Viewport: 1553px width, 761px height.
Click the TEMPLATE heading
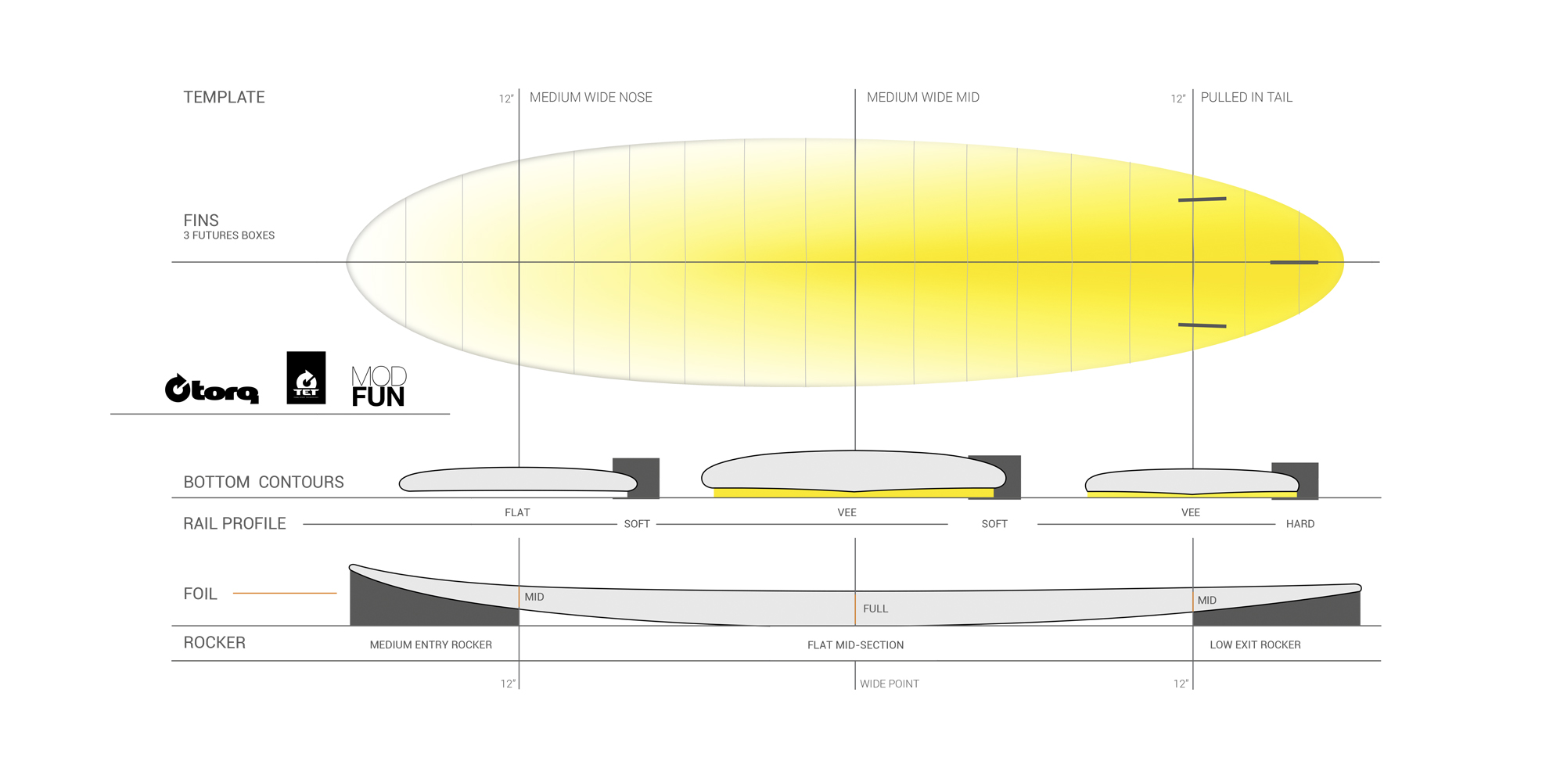tap(224, 98)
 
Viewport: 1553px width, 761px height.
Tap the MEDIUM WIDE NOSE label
tap(591, 98)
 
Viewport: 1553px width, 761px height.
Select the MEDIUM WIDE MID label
tap(922, 98)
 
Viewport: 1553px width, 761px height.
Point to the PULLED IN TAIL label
tap(1246, 98)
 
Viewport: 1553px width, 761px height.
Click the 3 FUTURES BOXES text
tap(228, 235)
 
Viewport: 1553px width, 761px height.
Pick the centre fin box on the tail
tap(1293, 263)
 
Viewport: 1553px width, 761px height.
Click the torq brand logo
tap(211, 389)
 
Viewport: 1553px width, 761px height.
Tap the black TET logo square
tap(306, 378)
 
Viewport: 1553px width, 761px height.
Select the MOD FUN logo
tap(379, 386)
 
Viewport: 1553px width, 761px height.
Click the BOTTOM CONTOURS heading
tap(264, 483)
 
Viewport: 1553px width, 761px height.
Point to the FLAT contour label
tap(517, 513)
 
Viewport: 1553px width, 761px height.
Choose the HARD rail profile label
tap(1300, 524)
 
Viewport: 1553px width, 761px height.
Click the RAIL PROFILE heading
tap(235, 524)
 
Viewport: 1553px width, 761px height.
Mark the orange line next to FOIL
tap(285, 594)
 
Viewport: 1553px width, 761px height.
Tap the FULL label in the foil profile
tap(875, 608)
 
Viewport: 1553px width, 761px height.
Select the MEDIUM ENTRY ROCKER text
tap(430, 645)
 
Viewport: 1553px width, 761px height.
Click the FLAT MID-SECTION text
tap(855, 645)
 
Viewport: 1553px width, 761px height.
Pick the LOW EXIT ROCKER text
tap(1255, 645)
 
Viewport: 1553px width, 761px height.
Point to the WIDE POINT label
tap(889, 684)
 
